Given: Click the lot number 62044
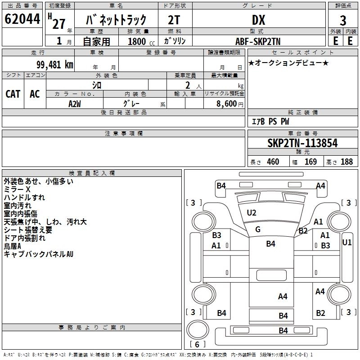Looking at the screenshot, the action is coord(22,19).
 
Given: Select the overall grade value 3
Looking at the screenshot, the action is coord(343,21).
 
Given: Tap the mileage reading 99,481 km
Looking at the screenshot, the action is coord(54,65).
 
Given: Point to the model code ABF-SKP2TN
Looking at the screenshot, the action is coord(258,41).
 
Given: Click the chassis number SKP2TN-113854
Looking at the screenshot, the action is coord(302,143).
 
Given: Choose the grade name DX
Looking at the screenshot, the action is coord(258,20).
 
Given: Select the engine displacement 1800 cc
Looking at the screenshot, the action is coord(141,41).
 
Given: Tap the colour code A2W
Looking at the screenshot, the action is coord(75,104).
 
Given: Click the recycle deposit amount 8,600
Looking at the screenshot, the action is coord(227,104).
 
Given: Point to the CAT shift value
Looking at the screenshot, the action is coord(13,94).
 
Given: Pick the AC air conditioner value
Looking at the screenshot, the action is coord(35,94).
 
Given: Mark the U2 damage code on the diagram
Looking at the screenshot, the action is coord(252,213).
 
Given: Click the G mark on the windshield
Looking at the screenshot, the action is coord(258,229).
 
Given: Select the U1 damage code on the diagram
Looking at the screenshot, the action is coord(346,243).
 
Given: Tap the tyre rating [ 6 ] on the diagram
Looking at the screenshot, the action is coord(197,344).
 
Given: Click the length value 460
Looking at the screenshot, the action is coord(273,162).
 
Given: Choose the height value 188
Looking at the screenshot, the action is coord(346,162).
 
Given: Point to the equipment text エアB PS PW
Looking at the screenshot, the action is coord(270,121).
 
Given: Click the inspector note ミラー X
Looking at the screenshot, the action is coord(17,189).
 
